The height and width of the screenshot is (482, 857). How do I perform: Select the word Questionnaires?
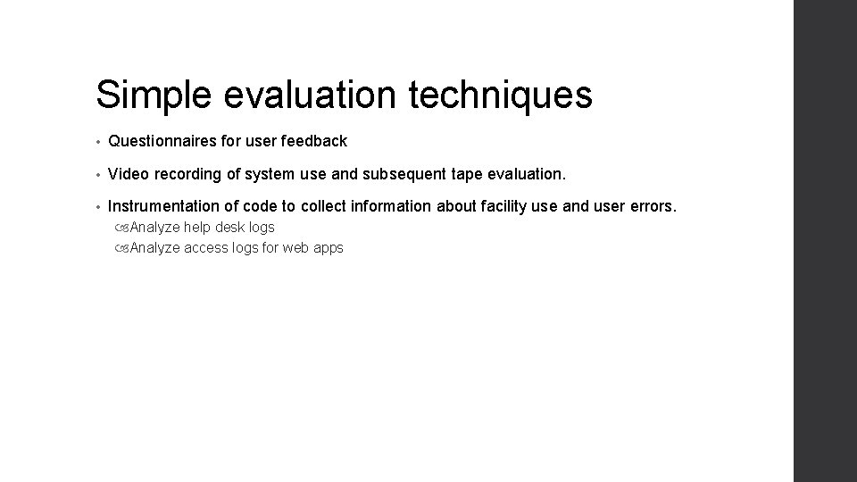click(162, 141)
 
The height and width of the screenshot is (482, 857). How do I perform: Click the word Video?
click(127, 174)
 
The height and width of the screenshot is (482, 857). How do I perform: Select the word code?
click(261, 207)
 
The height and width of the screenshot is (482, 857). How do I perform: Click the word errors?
click(655, 207)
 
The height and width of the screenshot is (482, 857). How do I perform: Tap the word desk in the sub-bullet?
click(231, 228)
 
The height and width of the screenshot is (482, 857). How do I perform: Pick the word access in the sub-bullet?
click(204, 248)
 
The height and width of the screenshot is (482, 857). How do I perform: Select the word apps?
click(327, 248)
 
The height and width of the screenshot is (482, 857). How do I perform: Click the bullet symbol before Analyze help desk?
click(121, 228)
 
